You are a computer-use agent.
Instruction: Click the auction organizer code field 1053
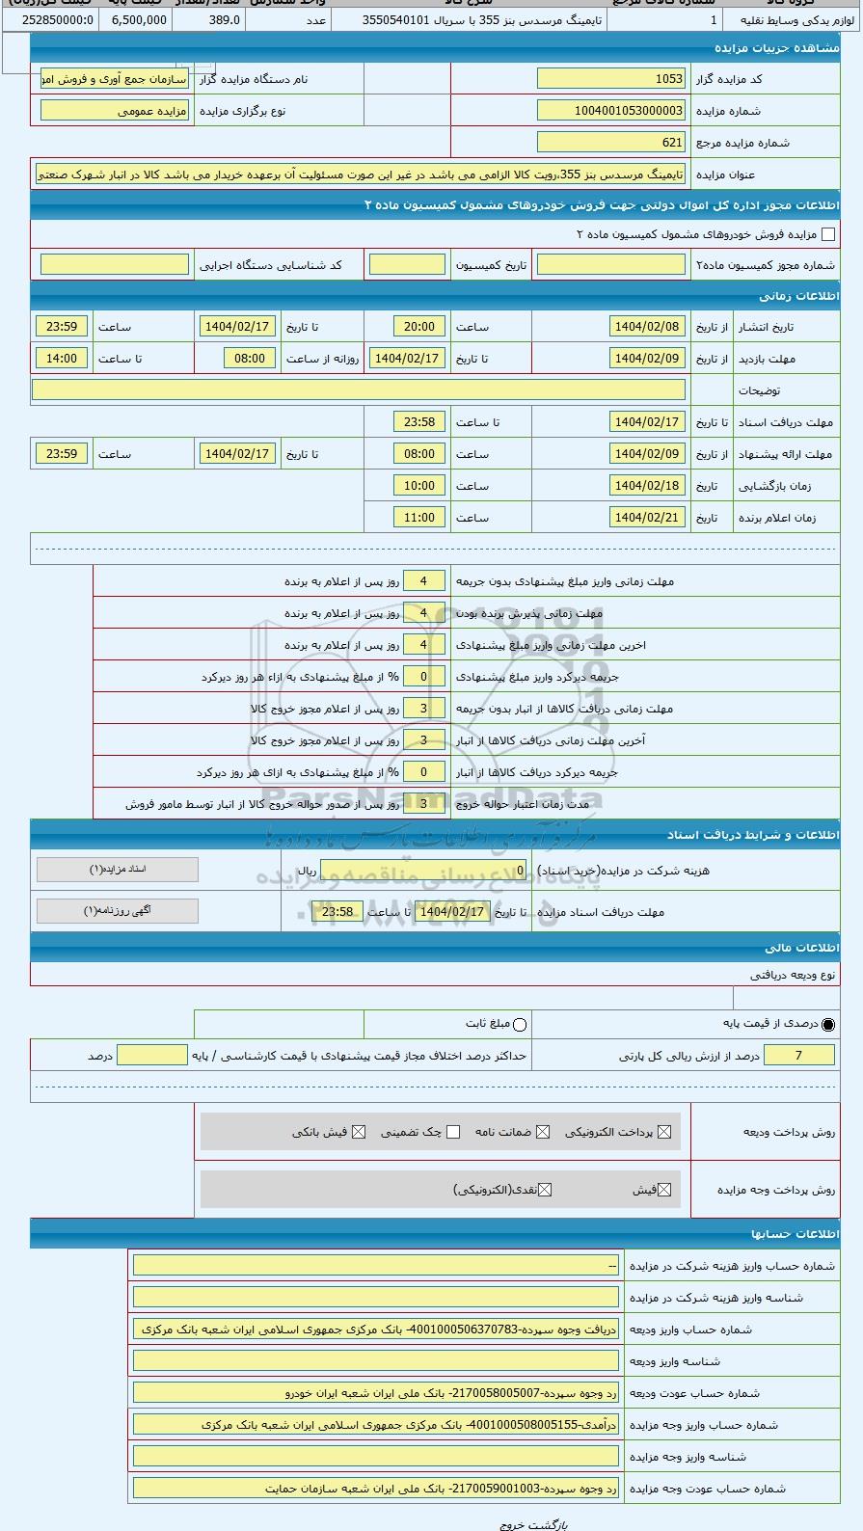point(610,79)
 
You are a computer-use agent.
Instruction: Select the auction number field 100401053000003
point(610,111)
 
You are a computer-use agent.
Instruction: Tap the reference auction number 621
point(610,143)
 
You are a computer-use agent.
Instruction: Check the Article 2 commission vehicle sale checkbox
point(827,234)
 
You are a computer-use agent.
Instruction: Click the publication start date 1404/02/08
point(647,327)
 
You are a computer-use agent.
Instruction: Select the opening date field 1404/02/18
point(647,486)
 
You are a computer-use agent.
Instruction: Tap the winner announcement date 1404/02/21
point(647,518)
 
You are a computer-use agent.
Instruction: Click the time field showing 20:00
point(418,327)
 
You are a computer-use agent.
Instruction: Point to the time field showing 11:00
point(418,518)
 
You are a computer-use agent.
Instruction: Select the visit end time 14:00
point(62,359)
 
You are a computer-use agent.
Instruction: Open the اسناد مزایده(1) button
point(118,870)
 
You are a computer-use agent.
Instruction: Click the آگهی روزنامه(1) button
point(118,911)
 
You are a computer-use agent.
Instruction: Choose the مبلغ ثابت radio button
point(520,1024)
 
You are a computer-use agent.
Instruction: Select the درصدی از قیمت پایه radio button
point(828,1024)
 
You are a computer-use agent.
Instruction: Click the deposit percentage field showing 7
point(797,1056)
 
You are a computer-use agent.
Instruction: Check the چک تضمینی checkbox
point(453,1132)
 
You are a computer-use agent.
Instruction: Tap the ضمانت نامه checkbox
point(543,1132)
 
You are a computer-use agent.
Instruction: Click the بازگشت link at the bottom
point(543,1525)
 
